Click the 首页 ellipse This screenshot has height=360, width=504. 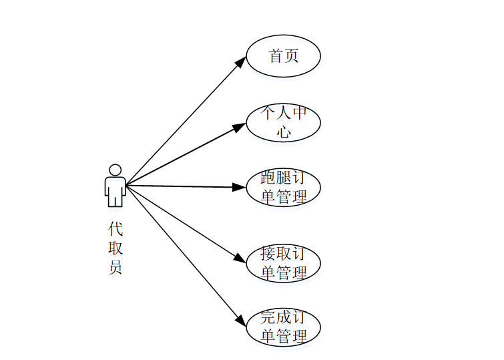283,56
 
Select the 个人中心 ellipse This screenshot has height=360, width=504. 283,122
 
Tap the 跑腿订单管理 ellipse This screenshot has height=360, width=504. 283,188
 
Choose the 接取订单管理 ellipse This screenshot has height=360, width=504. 283,263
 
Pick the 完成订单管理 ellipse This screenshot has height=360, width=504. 283,327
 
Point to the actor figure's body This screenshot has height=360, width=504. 115,190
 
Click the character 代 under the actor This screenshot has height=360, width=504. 115,229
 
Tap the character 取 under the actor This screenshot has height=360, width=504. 115,248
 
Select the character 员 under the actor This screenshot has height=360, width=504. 115,268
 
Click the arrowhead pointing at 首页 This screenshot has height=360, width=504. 242,61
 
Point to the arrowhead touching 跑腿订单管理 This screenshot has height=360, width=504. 240,188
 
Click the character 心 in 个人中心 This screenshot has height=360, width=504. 284,132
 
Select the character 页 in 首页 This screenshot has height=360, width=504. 291,56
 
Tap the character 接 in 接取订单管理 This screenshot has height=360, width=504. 268,254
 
